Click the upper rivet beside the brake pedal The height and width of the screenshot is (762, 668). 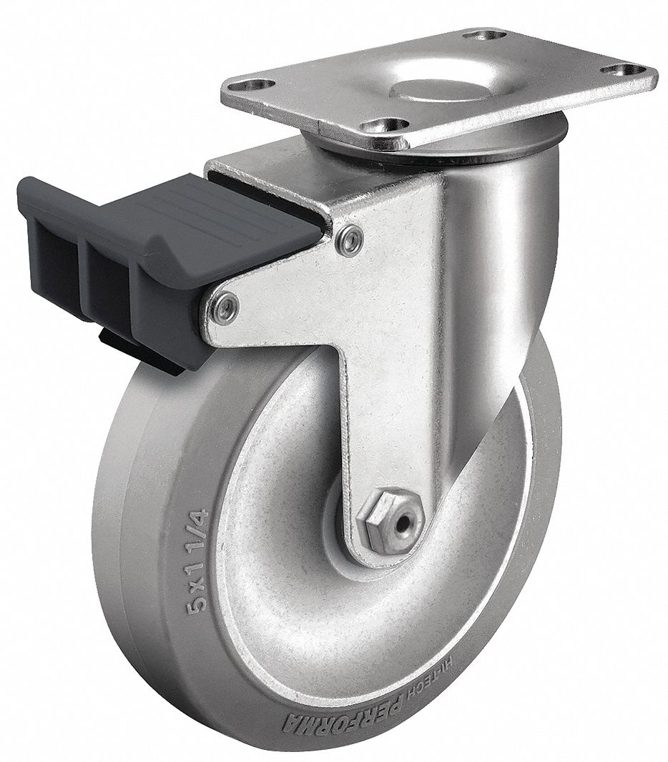[348, 240]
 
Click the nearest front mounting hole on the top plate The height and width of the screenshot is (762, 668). [376, 125]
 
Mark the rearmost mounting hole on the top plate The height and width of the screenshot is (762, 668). [482, 34]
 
